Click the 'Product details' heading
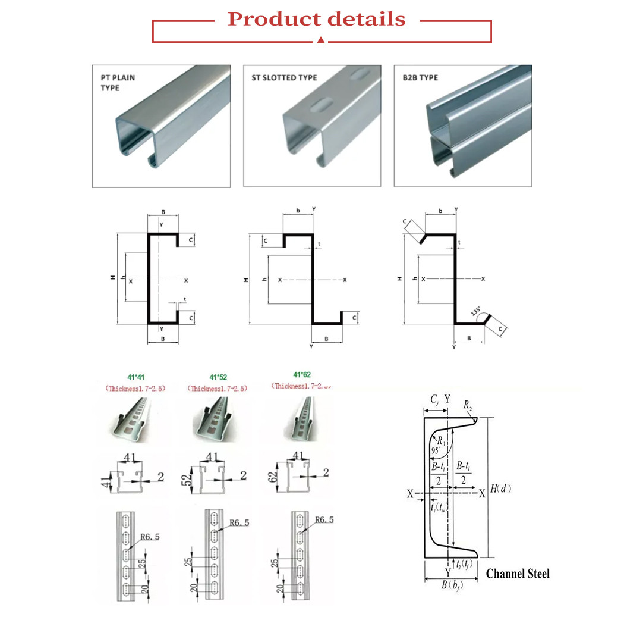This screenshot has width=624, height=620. (317, 19)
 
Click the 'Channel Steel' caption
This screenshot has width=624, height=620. (518, 574)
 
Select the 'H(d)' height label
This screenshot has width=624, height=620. (502, 489)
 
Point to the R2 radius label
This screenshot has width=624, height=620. (469, 406)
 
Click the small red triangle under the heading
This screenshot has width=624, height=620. (321, 40)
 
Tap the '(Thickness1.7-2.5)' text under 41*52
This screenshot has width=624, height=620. (218, 389)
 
